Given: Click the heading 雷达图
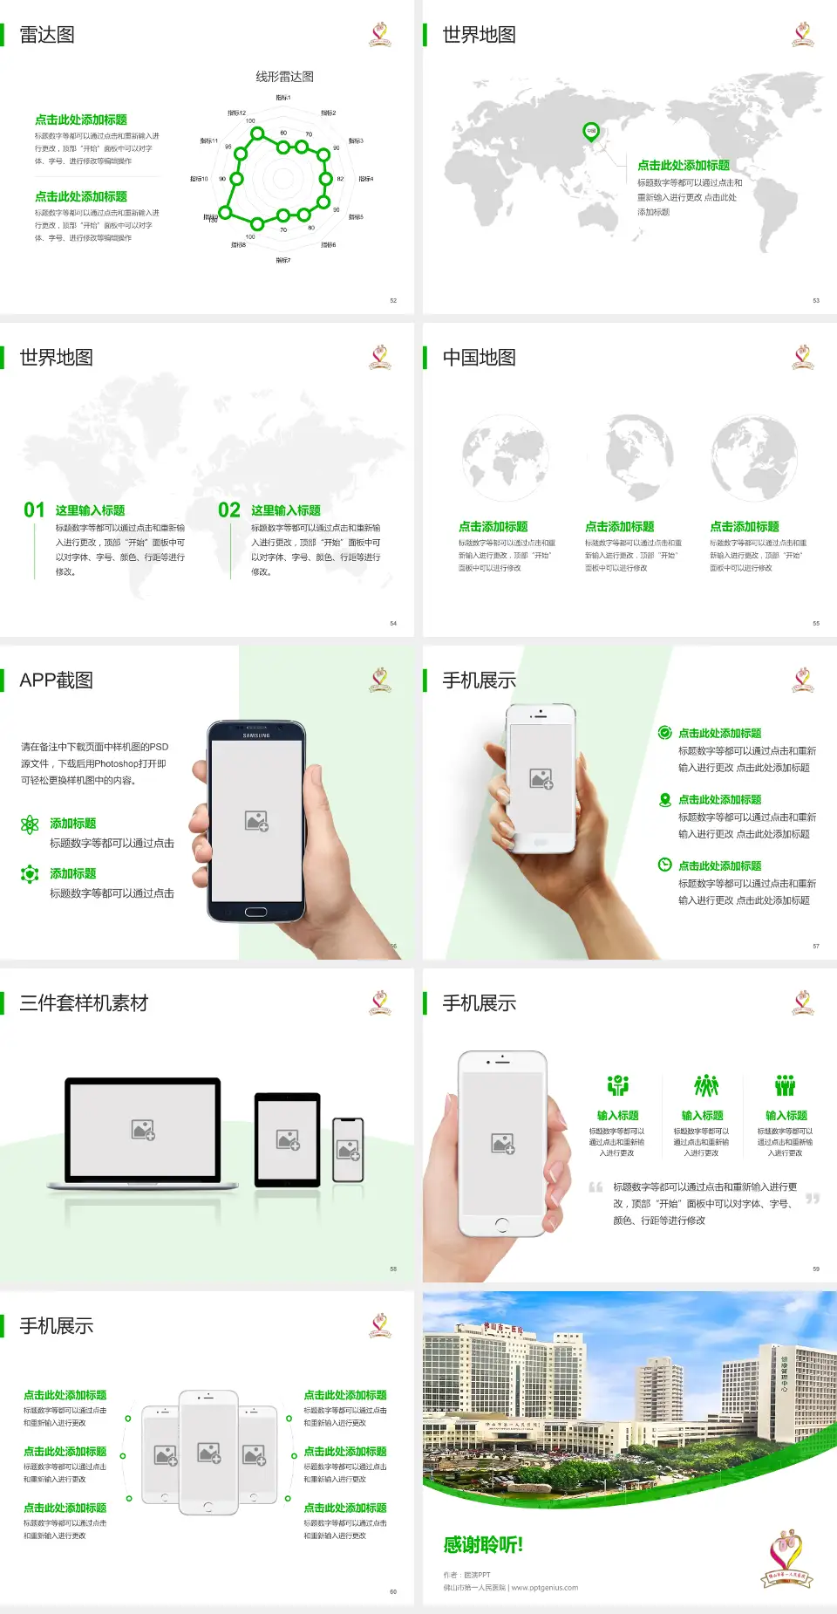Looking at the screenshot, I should click(47, 35).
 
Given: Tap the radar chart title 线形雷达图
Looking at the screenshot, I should click(284, 77).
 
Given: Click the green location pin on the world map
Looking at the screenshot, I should click(591, 132).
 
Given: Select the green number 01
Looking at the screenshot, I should click(34, 510).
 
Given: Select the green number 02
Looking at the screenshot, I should click(229, 510).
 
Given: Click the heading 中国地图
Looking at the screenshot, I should click(479, 358).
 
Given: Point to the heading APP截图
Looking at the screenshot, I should click(56, 680).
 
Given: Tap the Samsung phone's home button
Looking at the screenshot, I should click(255, 912).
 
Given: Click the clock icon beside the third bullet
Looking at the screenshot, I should click(664, 865).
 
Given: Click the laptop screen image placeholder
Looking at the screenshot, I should click(143, 1130).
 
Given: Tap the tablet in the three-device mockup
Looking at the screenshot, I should click(288, 1139).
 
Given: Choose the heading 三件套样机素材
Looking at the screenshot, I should click(84, 1003).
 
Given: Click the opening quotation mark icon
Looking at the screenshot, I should click(595, 1187).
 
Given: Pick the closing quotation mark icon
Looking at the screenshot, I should click(813, 1199).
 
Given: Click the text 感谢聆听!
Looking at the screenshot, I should click(483, 1545).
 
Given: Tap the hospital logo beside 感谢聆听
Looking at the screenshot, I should click(787, 1557).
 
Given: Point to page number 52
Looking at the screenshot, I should click(393, 300).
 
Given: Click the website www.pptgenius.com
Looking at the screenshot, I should click(545, 1588).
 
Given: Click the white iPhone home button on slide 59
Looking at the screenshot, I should click(501, 1225).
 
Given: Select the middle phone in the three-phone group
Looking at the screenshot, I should click(208, 1452).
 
